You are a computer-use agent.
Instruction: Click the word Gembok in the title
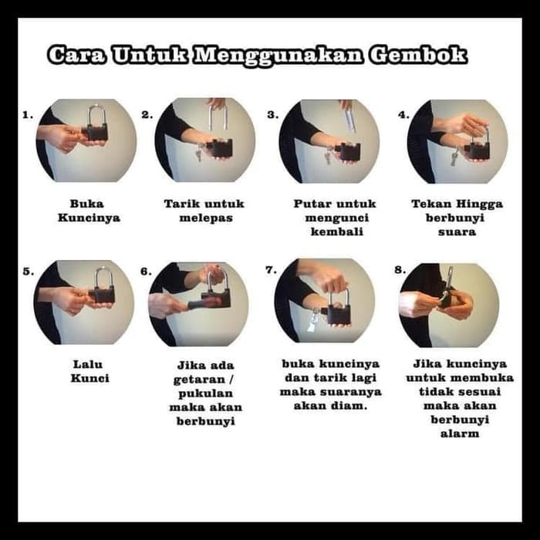(418, 55)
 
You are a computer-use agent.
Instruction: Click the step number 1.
(28, 115)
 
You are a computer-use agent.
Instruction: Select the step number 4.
(403, 115)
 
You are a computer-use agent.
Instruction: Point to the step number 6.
(146, 272)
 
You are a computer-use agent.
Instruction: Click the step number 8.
(400, 270)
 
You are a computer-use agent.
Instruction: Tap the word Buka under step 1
(86, 204)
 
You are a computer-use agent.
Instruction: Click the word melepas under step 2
(206, 218)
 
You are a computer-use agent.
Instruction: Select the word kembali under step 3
(337, 231)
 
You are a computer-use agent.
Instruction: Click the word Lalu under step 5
(88, 364)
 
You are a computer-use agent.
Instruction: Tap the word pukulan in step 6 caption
(206, 393)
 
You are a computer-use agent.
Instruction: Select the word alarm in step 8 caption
(460, 434)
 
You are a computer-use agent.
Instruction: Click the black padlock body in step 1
(95, 133)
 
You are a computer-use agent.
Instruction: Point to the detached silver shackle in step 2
(218, 118)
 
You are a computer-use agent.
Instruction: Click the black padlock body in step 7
(338, 315)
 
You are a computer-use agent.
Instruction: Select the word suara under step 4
(457, 231)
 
